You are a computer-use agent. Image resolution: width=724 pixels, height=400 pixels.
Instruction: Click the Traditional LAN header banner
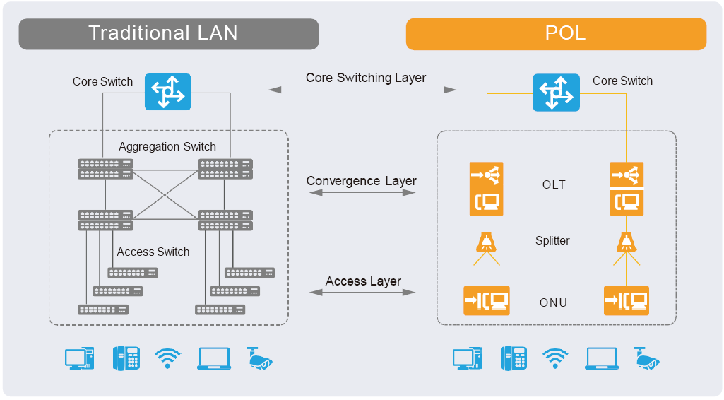[169, 34]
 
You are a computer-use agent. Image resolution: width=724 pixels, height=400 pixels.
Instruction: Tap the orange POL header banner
[556, 34]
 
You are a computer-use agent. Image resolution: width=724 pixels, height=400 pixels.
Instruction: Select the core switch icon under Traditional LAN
[168, 91]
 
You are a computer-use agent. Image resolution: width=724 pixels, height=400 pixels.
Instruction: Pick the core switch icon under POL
[556, 93]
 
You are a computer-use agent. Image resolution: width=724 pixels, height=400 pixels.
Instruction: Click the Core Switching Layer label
[366, 78]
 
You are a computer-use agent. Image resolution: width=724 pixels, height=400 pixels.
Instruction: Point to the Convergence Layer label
[361, 181]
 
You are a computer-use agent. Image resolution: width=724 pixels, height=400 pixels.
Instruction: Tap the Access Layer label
[363, 281]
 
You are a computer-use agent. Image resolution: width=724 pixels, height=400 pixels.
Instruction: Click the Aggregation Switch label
[167, 146]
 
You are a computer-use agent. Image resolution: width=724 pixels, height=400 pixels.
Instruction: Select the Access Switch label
[153, 252]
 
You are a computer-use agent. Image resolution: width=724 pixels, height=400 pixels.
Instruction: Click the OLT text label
[554, 184]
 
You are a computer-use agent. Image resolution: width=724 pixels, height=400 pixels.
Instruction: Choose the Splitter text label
[552, 241]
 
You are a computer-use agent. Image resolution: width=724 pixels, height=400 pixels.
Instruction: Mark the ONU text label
[553, 302]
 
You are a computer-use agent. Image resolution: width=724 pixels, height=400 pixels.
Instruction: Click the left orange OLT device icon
[486, 189]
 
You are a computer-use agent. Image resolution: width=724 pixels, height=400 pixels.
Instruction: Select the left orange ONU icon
[487, 300]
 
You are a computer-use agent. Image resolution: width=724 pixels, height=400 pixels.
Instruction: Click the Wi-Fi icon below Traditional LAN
[167, 358]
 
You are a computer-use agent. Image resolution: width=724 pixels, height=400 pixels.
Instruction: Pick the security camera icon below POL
[647, 358]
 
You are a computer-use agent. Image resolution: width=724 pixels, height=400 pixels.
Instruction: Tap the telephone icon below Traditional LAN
[126, 358]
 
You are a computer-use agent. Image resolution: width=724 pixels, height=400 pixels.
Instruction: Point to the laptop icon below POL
[602, 359]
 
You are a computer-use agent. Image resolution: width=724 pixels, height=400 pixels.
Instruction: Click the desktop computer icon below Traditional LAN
[80, 358]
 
